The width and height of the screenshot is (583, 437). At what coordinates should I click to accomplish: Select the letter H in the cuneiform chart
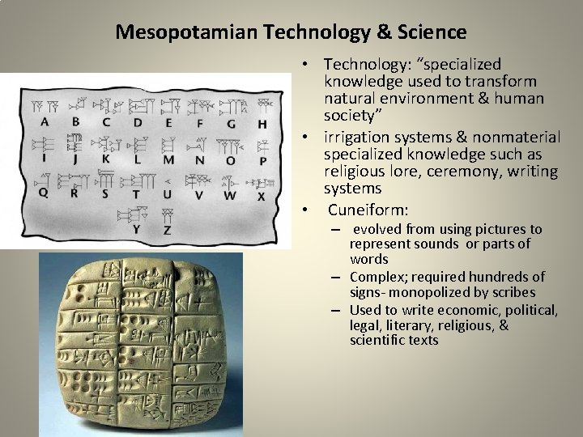tap(262, 124)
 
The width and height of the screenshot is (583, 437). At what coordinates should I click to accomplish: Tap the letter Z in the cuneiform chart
tap(166, 231)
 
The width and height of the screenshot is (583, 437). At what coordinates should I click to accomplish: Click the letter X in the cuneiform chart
tap(261, 196)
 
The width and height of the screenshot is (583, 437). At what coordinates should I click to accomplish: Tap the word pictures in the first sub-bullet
tap(496, 229)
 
